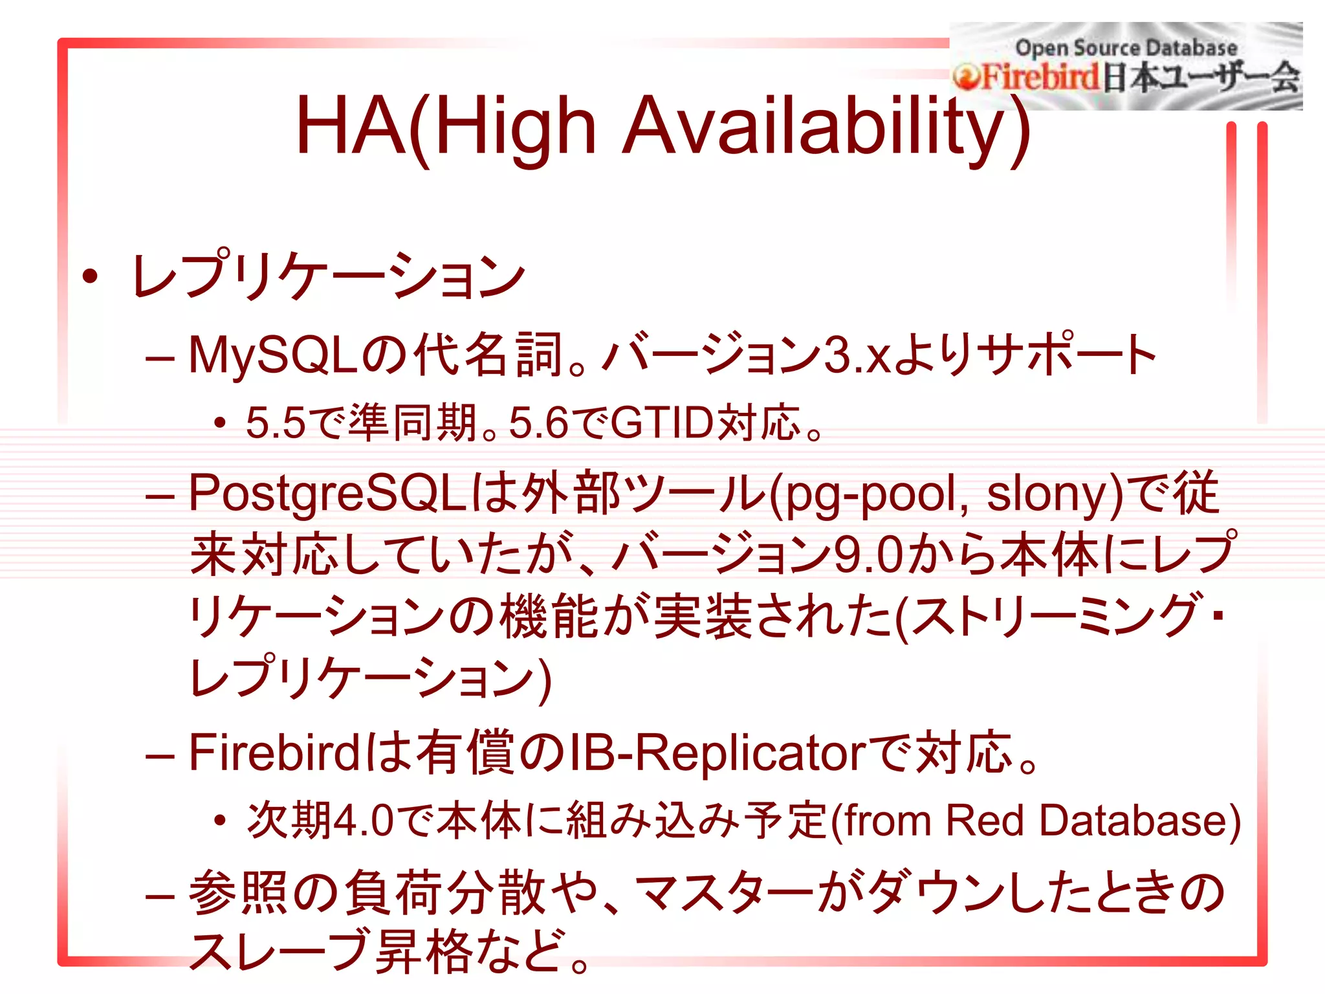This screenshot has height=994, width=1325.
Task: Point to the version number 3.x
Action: pyautogui.click(x=858, y=355)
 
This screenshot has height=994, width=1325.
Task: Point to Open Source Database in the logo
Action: pyautogui.click(x=1126, y=47)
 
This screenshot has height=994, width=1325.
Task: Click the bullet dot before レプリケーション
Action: pyautogui.click(x=91, y=276)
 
